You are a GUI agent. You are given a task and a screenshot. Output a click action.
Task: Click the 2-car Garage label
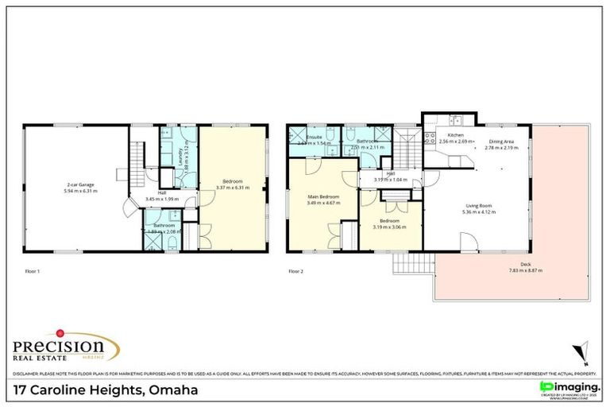click(77, 184)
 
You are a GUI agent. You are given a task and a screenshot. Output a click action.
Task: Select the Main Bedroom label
click(323, 196)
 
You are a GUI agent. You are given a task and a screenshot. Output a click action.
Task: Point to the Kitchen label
click(455, 135)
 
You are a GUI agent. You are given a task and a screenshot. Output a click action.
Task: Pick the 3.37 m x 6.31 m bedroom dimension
click(233, 188)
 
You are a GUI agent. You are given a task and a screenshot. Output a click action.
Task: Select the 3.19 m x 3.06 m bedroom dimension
click(389, 227)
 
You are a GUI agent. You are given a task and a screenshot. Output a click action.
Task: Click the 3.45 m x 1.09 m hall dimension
click(162, 198)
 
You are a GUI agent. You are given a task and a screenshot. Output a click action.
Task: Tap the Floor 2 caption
click(296, 271)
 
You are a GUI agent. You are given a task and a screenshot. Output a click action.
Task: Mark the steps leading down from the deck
click(412, 264)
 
